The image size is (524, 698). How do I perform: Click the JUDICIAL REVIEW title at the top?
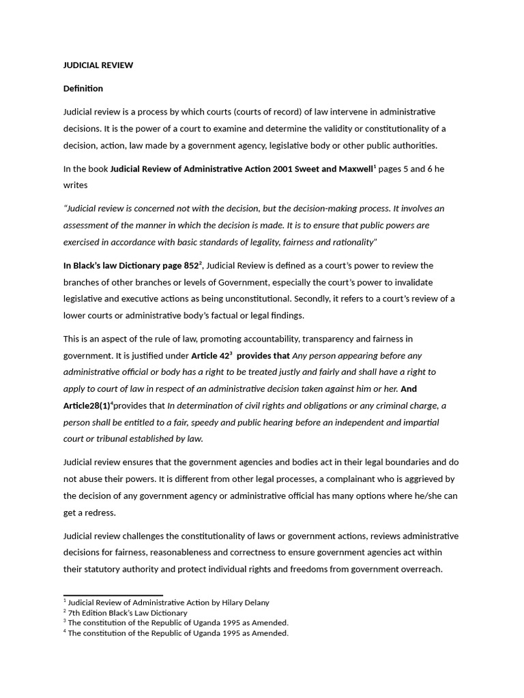point(98,65)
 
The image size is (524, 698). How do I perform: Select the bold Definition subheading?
point(83,89)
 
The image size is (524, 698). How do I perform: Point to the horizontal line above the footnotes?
point(113,595)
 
